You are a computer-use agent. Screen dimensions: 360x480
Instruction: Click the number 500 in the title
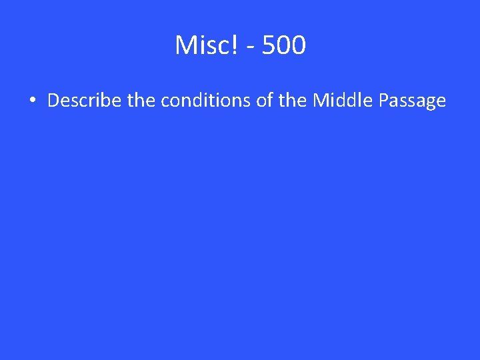click(x=284, y=45)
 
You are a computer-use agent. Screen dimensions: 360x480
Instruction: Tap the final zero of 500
click(x=299, y=45)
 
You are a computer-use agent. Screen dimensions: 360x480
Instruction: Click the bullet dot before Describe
click(x=32, y=101)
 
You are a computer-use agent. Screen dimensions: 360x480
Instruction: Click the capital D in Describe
click(x=53, y=101)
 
